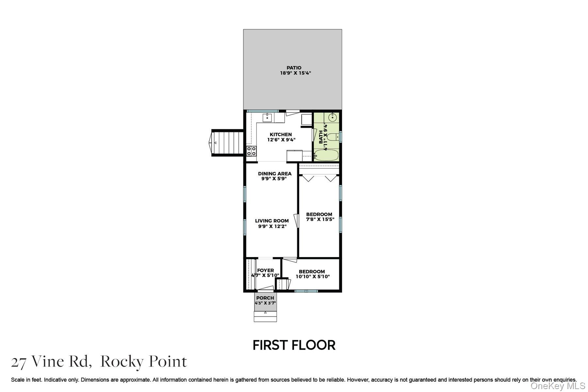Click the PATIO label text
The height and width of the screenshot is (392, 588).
[294, 68]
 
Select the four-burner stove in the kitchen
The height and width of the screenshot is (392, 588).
[251, 151]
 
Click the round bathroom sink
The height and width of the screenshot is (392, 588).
[333, 117]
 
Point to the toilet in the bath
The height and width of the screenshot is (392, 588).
[332, 137]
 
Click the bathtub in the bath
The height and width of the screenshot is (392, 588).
[326, 155]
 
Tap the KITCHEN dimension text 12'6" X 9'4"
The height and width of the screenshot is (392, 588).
[281, 140]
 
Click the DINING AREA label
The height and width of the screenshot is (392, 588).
[274, 173]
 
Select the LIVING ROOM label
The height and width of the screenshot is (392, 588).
[272, 221]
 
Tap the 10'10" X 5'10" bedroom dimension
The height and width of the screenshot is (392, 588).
[313, 277]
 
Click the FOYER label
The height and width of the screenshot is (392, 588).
[265, 270]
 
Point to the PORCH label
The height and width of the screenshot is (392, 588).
[265, 298]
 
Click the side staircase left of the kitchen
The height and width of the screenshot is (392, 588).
[229, 143]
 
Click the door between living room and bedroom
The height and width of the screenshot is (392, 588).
[296, 220]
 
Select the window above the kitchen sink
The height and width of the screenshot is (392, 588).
[262, 111]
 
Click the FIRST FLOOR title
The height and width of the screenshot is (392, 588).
[294, 345]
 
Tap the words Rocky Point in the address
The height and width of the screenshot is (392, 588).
[143, 362]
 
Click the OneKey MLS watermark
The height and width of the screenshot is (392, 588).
[558, 386]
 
